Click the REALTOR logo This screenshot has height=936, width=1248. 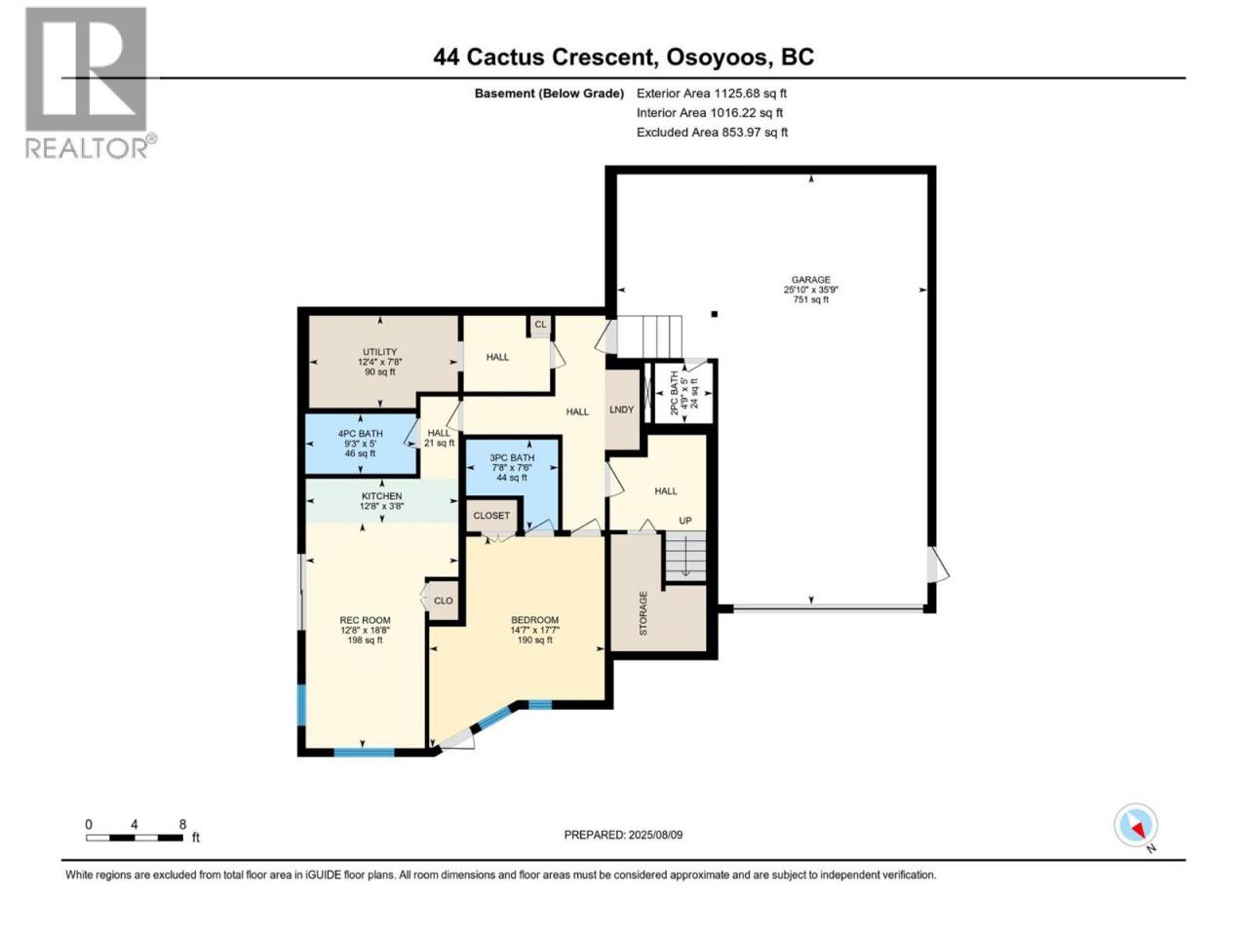pyautogui.click(x=90, y=83)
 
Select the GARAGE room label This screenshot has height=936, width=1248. pyautogui.click(x=811, y=280)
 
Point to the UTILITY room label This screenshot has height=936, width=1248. pyautogui.click(x=380, y=352)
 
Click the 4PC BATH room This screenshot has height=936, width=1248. pyautogui.click(x=360, y=444)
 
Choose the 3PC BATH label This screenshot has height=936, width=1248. pyautogui.click(x=512, y=457)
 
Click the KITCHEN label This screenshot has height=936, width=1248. pyautogui.click(x=381, y=496)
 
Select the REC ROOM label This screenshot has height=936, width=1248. pyautogui.click(x=365, y=620)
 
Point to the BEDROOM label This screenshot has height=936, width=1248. pyautogui.click(x=535, y=620)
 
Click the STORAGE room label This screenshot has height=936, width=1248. pyautogui.click(x=643, y=613)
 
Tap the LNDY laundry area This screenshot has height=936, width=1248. pyautogui.click(x=621, y=409)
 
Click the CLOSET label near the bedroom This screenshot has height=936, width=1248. pyautogui.click(x=491, y=516)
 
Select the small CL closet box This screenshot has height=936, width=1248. pyautogui.click(x=540, y=326)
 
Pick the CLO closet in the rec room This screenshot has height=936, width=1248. pyautogui.click(x=444, y=601)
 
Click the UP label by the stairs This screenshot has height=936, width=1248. pyautogui.click(x=685, y=521)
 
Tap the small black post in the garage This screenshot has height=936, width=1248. pyautogui.click(x=715, y=314)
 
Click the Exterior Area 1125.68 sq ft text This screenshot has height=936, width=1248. pyautogui.click(x=712, y=94)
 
